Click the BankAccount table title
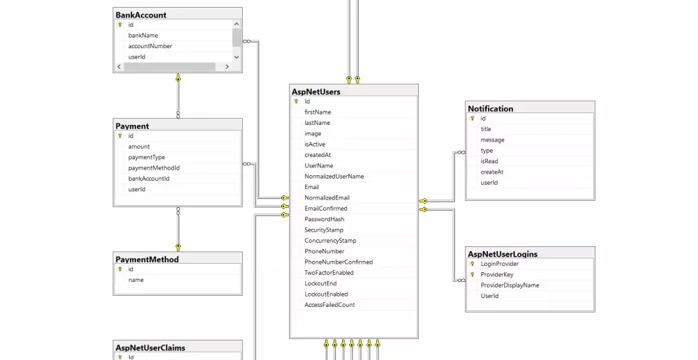coord(141,15)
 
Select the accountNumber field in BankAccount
coord(150,46)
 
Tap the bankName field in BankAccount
coord(143,35)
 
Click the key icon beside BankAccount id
coord(120,24)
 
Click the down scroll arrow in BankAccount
coord(237,57)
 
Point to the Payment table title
coord(133,126)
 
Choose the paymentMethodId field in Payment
coord(154,168)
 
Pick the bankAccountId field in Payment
coord(149,179)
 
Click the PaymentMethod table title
coord(147,260)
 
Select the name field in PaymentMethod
coord(135,280)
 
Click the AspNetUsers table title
coord(316,91)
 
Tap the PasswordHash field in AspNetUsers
coord(324,219)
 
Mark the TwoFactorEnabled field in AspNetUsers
coord(329,273)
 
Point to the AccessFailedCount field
coord(329,305)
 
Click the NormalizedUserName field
coord(334,177)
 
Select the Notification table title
coord(491,109)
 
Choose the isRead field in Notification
coord(489,161)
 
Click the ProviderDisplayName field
coord(510,285)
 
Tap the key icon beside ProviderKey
coord(473,275)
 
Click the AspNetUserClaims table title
coord(150,347)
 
